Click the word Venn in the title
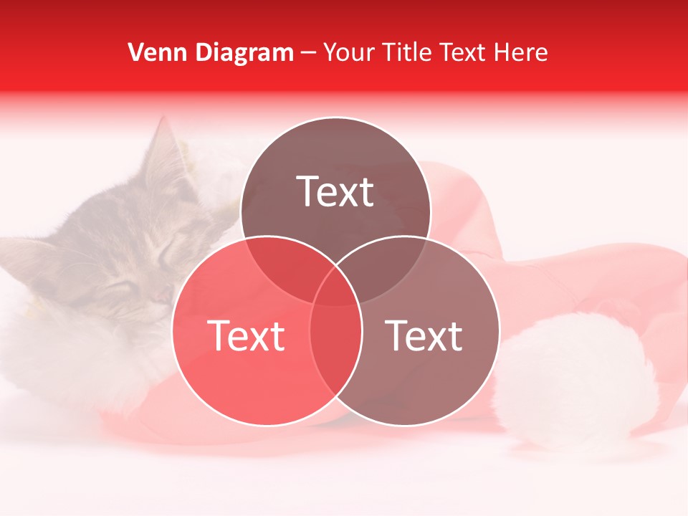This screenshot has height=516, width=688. click(153, 52)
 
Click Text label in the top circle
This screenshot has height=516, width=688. click(335, 191)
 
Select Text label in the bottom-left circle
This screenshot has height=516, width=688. click(246, 335)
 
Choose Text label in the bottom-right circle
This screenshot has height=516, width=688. click(424, 335)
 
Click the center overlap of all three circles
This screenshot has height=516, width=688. click(335, 287)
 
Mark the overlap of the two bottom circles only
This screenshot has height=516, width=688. click(335, 351)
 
